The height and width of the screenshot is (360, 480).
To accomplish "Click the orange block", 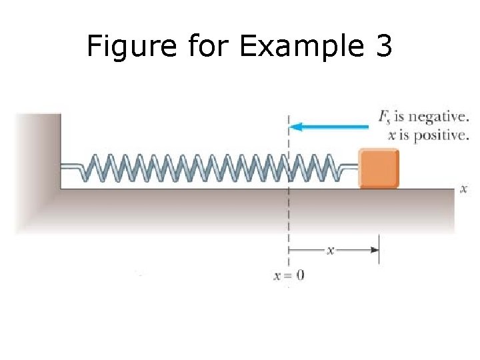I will click(x=379, y=168).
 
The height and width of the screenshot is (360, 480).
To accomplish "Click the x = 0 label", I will click(x=289, y=275).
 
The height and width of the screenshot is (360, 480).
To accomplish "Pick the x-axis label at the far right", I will click(x=464, y=189).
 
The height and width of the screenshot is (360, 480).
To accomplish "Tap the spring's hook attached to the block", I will click(x=347, y=167).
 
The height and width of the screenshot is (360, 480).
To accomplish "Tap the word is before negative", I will click(x=400, y=117).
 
